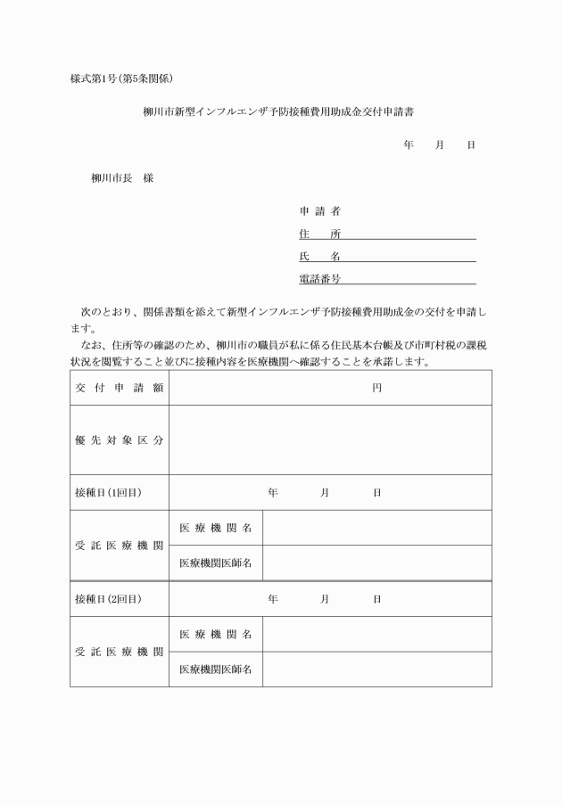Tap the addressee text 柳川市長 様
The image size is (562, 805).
[x=122, y=178]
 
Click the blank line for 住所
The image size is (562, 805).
[x=409, y=234]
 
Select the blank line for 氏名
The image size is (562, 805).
[x=409, y=257]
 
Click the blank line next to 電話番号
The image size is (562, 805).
[x=409, y=279]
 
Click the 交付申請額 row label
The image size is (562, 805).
[x=119, y=388]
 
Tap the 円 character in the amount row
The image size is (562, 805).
[x=376, y=388]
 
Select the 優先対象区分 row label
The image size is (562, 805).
[x=119, y=440]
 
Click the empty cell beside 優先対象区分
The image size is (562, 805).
[x=330, y=440]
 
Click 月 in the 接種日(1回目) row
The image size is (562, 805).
[x=325, y=492]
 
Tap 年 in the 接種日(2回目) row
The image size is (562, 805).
[x=272, y=598]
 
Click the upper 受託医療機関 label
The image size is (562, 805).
[x=119, y=546]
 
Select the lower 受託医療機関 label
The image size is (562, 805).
[x=119, y=652]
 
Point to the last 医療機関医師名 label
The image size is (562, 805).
[x=215, y=669]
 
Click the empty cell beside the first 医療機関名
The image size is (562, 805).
[x=376, y=528]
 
